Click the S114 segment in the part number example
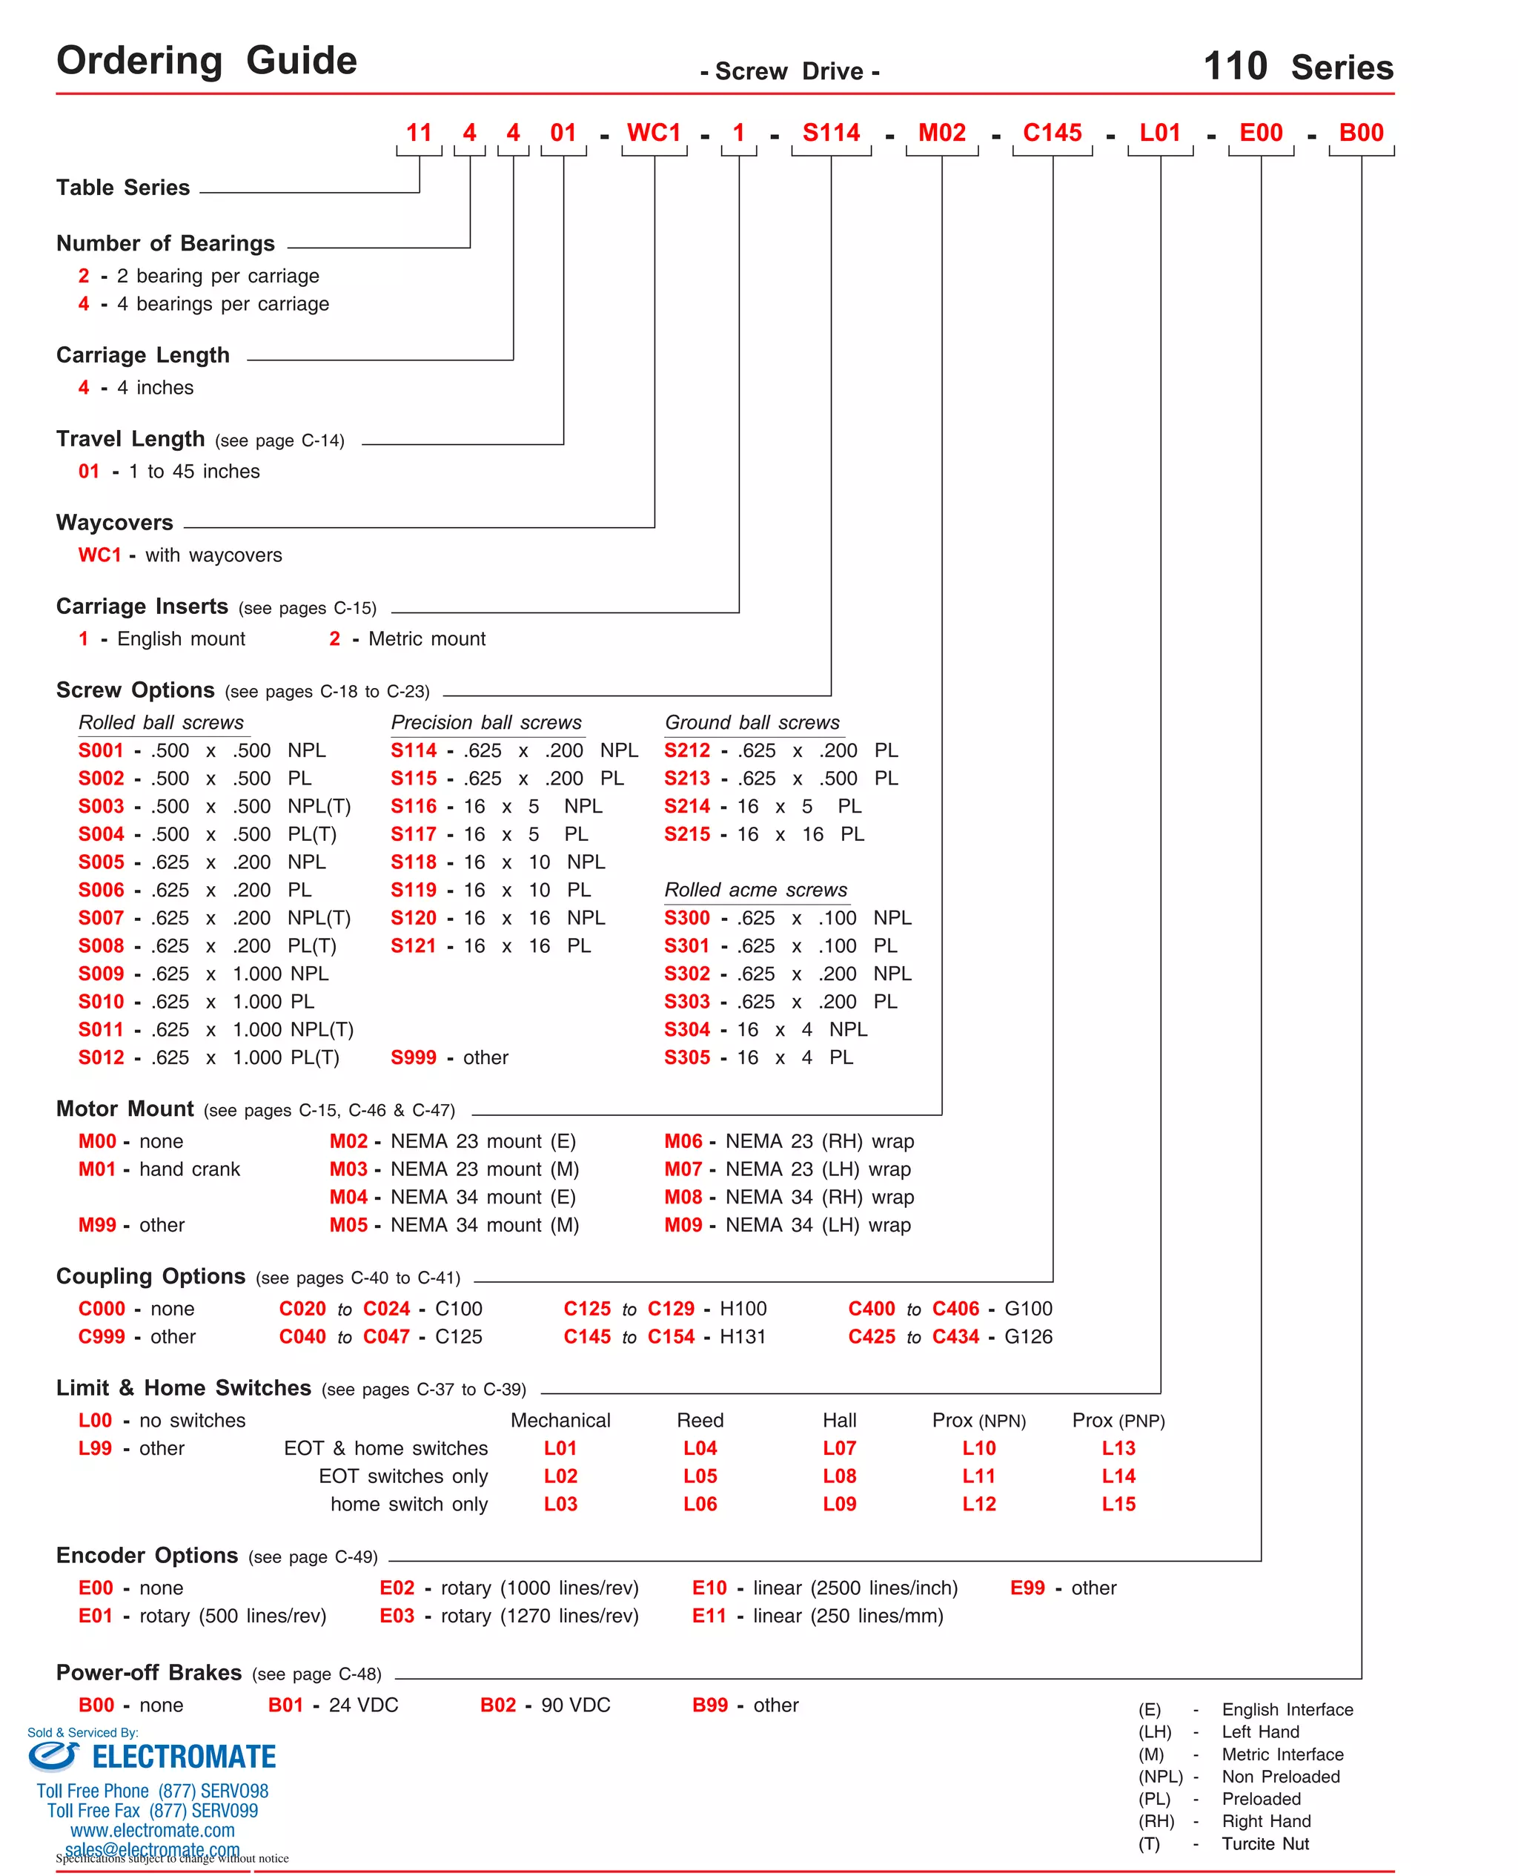point(831,133)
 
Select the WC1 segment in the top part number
point(653,133)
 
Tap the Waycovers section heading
point(115,523)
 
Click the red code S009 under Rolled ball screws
point(102,974)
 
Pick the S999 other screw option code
point(413,1057)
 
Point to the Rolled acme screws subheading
point(755,891)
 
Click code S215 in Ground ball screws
point(686,834)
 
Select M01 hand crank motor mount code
point(97,1169)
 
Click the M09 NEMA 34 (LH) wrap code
point(683,1225)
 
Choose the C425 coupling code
point(871,1336)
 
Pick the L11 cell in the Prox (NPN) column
point(978,1476)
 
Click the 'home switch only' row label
point(408,1505)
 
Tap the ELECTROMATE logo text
point(184,1757)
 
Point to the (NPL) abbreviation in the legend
point(1159,1777)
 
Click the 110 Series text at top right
point(1298,67)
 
